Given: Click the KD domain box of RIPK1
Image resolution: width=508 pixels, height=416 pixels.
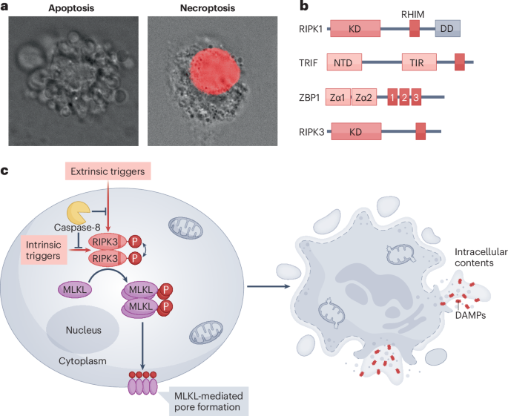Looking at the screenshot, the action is tap(355, 28).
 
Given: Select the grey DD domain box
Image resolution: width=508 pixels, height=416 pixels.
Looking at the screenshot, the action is tap(447, 28).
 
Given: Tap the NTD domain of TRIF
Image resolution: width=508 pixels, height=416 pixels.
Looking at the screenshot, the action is tap(344, 62).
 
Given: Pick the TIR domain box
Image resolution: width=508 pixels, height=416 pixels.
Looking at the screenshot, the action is tap(419, 62).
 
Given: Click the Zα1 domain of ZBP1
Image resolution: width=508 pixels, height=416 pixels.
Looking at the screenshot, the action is tap(338, 97).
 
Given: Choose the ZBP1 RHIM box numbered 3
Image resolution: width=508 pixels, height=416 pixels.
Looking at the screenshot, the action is tap(416, 97).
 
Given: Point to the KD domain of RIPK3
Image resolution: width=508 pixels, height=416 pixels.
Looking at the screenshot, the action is tap(356, 131).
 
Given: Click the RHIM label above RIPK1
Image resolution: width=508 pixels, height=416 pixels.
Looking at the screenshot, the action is tap(413, 15).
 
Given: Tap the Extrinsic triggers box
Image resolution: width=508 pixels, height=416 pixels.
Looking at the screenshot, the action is tap(108, 171).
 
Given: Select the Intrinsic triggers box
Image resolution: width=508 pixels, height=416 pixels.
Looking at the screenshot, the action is tap(44, 250).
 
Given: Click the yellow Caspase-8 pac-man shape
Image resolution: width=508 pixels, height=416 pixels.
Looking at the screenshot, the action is tap(78, 212).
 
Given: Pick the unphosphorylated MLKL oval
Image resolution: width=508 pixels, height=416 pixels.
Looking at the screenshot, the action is tap(75, 290).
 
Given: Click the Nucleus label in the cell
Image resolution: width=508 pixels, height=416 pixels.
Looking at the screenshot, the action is tap(84, 330).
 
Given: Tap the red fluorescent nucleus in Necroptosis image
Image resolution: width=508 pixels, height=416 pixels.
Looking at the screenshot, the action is tap(215, 72).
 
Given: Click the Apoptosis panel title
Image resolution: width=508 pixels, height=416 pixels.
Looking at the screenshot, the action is tap(71, 8).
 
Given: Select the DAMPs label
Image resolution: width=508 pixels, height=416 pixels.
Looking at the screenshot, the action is tap(470, 315).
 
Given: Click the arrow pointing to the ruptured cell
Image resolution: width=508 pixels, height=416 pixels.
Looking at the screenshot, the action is tap(268, 286).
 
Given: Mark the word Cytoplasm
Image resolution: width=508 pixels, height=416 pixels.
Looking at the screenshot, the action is tap(82, 361).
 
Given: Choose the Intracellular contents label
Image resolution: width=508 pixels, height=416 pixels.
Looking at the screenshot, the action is tap(481, 257).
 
